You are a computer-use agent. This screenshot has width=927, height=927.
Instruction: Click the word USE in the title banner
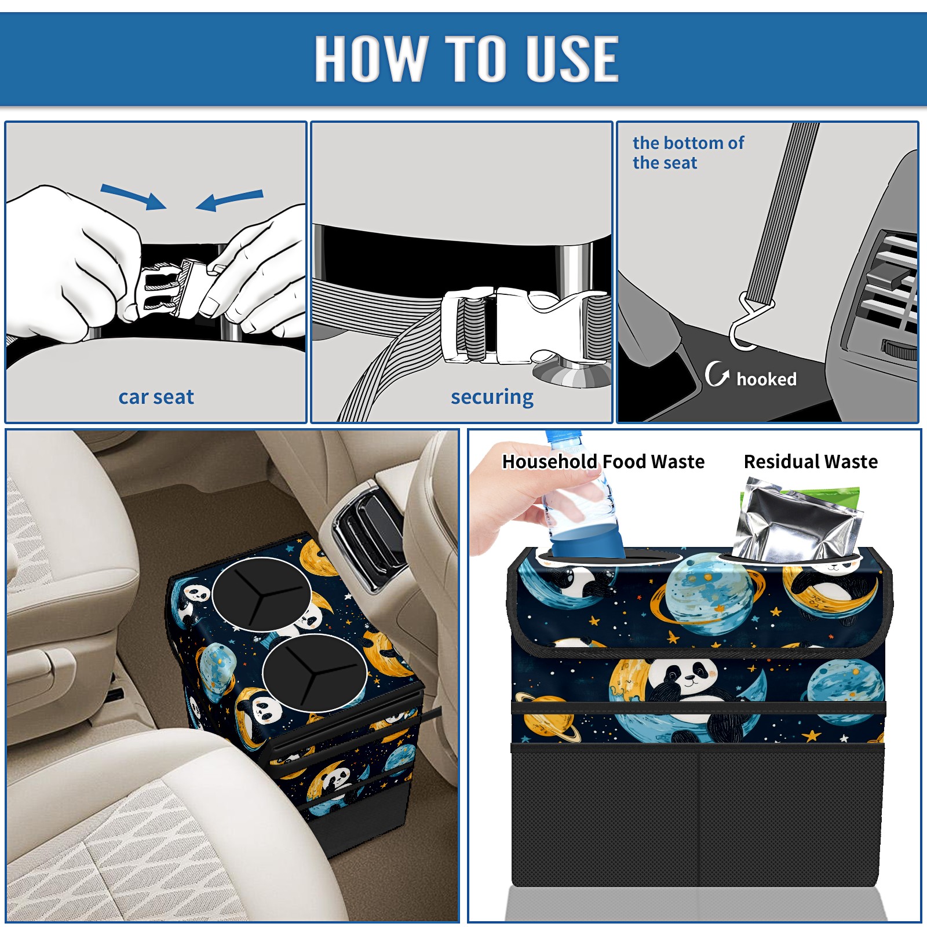click(572, 58)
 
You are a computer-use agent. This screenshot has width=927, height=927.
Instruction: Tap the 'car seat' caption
click(156, 397)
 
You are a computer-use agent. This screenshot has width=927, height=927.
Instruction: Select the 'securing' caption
click(492, 397)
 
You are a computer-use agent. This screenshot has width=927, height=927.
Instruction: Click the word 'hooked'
click(767, 379)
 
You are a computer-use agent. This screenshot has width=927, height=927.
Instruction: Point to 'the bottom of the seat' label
click(688, 152)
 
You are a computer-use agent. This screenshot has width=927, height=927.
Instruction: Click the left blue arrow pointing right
click(133, 196)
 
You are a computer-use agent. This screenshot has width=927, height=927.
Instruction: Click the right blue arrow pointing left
click(229, 200)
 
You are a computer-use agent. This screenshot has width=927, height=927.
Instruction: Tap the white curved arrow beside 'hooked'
click(717, 374)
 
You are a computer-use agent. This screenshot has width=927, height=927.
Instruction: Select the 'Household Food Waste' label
click(603, 461)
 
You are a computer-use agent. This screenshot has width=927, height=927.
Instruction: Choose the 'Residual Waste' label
click(811, 461)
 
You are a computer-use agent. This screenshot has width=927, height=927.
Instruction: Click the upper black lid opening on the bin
click(262, 594)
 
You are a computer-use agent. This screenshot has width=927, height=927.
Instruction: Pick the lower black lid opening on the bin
click(315, 673)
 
